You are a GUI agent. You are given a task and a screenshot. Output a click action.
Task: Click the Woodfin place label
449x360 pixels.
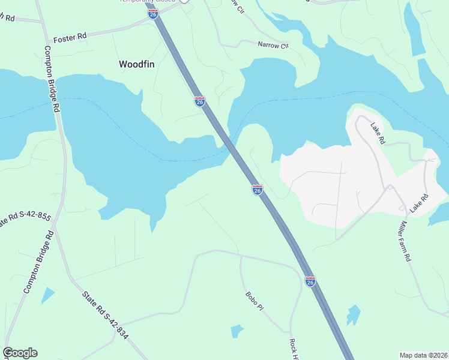137,64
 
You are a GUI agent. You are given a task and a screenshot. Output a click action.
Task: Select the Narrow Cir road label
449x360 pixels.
273,44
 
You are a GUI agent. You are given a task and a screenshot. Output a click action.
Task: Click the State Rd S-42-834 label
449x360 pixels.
106,314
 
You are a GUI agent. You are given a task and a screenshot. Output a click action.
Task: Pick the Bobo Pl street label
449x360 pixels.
254,301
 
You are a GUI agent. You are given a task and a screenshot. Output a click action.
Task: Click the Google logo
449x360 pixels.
20,353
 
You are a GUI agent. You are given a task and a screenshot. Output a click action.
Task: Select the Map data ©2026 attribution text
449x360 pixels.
423,355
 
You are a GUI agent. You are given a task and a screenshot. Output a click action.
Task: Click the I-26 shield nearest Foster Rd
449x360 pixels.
153,13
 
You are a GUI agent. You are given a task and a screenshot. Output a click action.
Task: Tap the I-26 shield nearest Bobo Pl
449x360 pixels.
310,281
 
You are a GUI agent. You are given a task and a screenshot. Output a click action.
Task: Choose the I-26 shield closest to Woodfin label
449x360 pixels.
200,101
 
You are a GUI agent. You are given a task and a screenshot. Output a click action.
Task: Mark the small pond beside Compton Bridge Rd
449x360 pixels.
47,295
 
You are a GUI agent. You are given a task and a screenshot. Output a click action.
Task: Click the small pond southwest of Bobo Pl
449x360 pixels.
237,331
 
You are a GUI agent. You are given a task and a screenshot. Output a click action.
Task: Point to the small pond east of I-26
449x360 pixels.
354,315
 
